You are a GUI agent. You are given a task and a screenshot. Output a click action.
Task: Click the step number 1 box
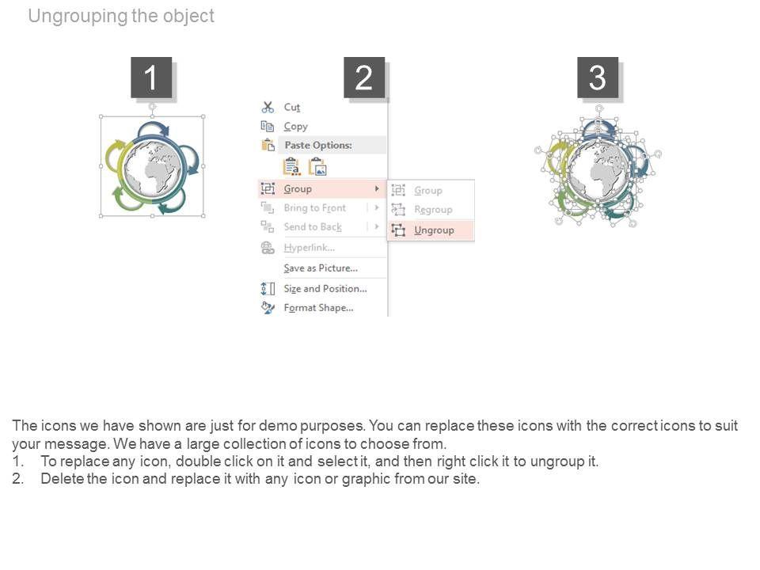pos(151,78)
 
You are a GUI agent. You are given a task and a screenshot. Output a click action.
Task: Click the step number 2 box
pos(364,78)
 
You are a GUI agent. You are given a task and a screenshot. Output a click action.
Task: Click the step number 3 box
pos(598,78)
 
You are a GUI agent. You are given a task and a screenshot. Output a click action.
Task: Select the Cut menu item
pos(292,107)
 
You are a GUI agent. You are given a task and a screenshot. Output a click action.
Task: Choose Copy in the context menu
pos(295,127)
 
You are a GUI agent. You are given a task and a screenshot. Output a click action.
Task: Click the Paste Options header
pos(318,145)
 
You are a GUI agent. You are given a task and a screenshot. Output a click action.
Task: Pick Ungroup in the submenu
pos(434,230)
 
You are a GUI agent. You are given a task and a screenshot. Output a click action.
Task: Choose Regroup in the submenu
pos(433,210)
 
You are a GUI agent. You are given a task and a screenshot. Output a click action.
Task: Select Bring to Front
pos(315,208)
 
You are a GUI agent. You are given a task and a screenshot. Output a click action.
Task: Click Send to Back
pos(313,227)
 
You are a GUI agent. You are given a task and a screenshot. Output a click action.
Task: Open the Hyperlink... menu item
pos(310,248)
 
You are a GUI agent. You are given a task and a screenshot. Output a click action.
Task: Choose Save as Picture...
pos(321,268)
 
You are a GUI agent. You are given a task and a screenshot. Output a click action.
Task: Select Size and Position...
pos(325,289)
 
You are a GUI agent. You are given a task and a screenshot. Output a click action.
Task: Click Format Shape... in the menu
pos(318,308)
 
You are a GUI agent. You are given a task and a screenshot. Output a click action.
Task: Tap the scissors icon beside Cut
pos(268,107)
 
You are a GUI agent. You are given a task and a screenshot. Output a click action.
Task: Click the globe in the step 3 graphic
pos(599,169)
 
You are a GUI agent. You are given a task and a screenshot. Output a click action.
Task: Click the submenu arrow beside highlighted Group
pos(377,188)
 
